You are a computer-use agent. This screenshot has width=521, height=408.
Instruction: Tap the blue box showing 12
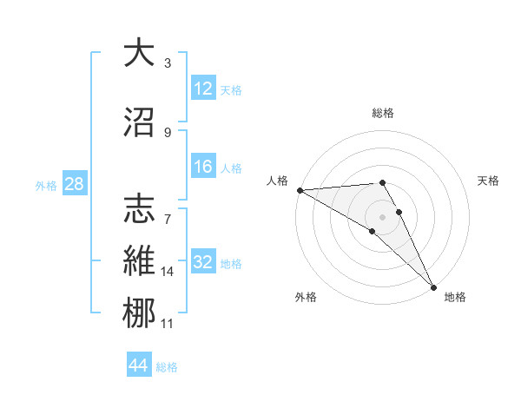click(x=203, y=89)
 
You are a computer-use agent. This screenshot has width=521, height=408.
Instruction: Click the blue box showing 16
click(x=203, y=167)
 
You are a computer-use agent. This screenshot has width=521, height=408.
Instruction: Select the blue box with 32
click(x=203, y=263)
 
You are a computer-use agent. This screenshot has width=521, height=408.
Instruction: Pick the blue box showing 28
click(x=74, y=185)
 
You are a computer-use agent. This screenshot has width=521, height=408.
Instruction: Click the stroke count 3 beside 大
click(x=168, y=63)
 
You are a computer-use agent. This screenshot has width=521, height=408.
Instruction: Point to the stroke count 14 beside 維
click(x=168, y=272)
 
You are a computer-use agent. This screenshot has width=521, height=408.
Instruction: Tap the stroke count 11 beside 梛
click(x=168, y=324)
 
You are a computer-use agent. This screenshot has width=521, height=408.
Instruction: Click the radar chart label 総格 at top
click(x=382, y=113)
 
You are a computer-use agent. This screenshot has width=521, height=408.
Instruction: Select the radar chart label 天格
click(x=489, y=181)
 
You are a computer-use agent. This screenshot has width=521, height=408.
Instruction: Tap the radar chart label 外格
click(x=306, y=297)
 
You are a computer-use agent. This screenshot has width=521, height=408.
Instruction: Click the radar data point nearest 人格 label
click(x=300, y=190)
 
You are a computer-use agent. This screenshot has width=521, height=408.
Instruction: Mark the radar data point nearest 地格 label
click(x=433, y=286)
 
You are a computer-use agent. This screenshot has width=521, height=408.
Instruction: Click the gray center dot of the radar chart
click(x=382, y=216)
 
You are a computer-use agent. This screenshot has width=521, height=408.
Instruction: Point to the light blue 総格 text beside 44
click(x=167, y=367)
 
